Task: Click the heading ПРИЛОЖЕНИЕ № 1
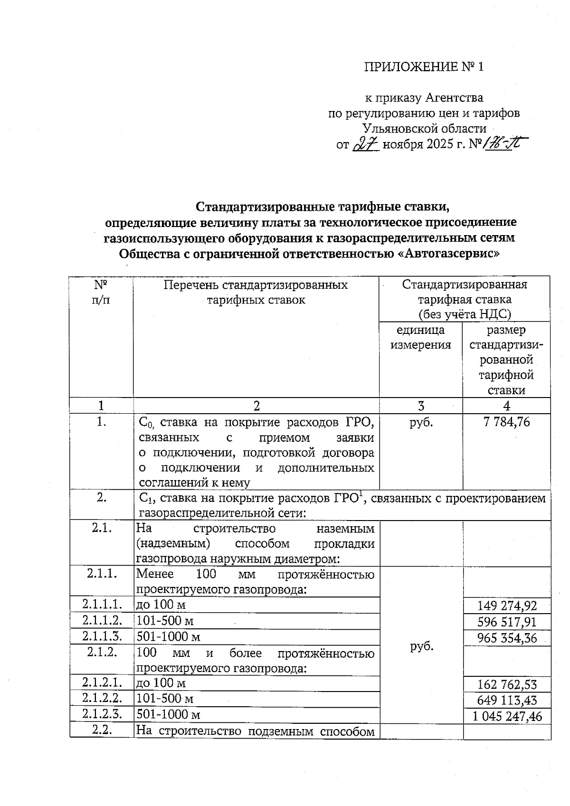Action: pos(423,67)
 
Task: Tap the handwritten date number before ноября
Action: pos(365,144)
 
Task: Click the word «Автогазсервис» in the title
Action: pos(447,254)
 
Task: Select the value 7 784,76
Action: pos(506,422)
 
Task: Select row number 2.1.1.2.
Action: pos(102,620)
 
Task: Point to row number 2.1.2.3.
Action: pos(102,714)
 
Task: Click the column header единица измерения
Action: pos(420,337)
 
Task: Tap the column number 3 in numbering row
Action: pos(421,406)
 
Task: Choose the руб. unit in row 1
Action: pos(421,422)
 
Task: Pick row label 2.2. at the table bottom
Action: pos(101,730)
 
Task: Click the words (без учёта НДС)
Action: pos(464,314)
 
